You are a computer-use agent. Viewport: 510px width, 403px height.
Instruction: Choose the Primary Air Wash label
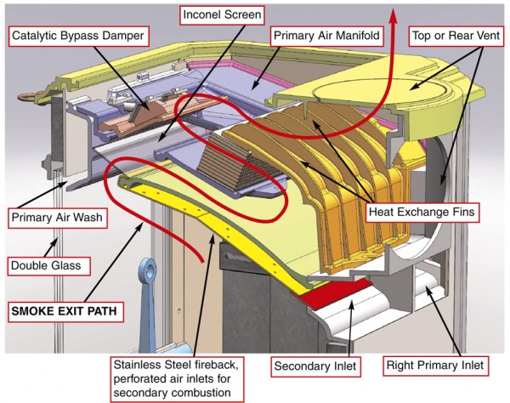(x=57, y=218)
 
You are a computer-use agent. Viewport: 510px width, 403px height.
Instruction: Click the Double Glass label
(x=46, y=265)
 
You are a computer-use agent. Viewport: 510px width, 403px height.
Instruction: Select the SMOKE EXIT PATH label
(x=61, y=311)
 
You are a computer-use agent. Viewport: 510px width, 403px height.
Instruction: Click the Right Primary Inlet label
(x=434, y=366)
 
